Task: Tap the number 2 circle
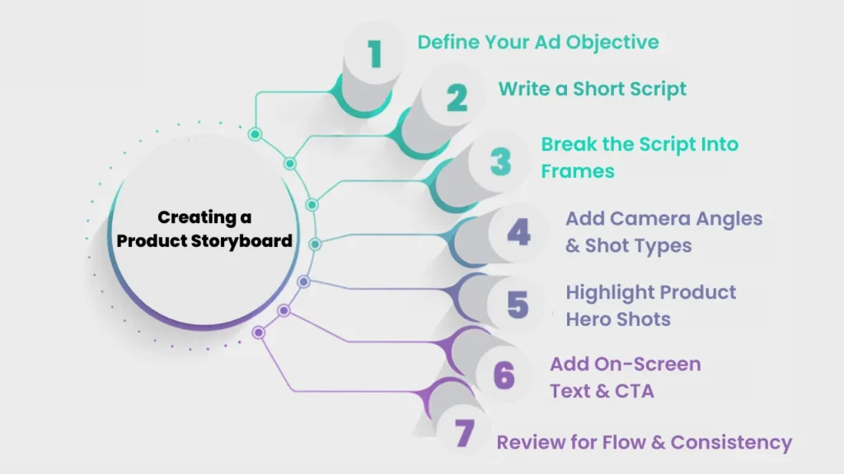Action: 457,98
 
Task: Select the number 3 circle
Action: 500,161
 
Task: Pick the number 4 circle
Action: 518,233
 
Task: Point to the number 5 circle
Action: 518,304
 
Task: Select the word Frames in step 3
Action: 578,171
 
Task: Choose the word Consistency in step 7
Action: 731,443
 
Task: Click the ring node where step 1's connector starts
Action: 255,134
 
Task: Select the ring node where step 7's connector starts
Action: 259,332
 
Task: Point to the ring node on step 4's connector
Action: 315,243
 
